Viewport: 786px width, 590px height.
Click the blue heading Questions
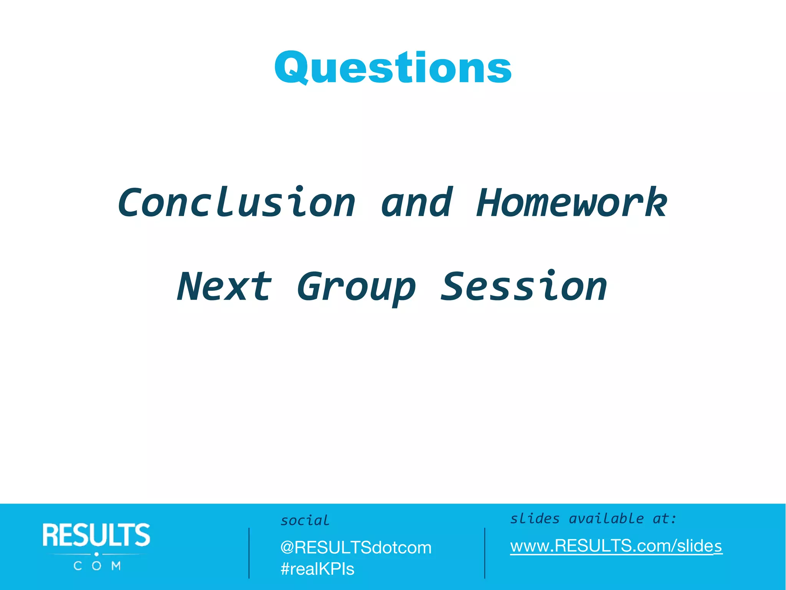[393, 68]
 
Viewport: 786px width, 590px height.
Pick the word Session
[524, 287]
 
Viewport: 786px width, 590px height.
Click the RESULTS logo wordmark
[96, 535]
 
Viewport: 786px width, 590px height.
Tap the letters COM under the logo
[97, 566]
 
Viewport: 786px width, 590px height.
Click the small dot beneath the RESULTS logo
[97, 554]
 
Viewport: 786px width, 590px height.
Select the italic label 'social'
[305, 520]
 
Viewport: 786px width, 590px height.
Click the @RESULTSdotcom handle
[356, 548]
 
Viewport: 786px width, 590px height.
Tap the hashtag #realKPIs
[317, 569]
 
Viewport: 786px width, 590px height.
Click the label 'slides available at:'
[593, 519]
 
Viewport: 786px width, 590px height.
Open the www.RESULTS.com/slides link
[616, 546]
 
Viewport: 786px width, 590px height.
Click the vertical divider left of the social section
[249, 553]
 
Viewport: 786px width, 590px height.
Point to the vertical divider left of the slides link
[485, 553]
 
